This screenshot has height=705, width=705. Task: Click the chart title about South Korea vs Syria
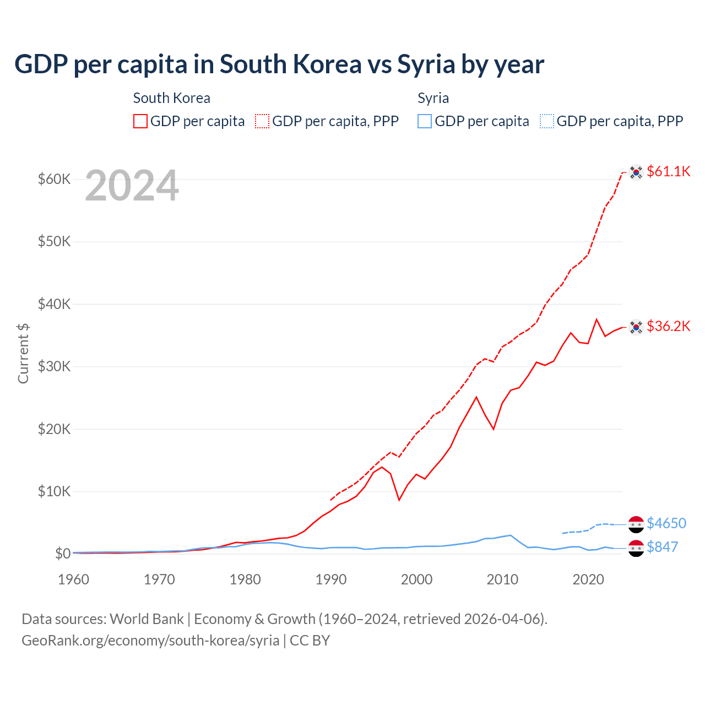pyautogui.click(x=279, y=64)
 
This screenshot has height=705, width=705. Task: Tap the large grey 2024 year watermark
pyautogui.click(x=132, y=186)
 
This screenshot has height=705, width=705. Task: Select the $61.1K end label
pyautogui.click(x=668, y=171)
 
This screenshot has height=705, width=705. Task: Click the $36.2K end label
pyautogui.click(x=668, y=326)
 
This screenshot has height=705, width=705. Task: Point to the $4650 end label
pyautogui.click(x=666, y=523)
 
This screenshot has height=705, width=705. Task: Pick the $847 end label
pyautogui.click(x=662, y=547)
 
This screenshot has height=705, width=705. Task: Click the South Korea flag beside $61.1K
pyautogui.click(x=636, y=172)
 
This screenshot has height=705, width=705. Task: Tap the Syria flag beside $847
pyautogui.click(x=636, y=548)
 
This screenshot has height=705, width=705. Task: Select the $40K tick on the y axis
pyautogui.click(x=54, y=304)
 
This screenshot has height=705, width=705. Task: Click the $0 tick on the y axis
pyautogui.click(x=63, y=554)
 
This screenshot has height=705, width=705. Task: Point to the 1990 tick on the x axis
pyautogui.click(x=330, y=579)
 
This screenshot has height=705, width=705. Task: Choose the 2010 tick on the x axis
pyautogui.click(x=502, y=579)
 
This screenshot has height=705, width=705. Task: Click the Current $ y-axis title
pyautogui.click(x=23, y=354)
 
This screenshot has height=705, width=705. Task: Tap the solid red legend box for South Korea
pyautogui.click(x=140, y=121)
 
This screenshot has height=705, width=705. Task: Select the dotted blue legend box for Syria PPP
pyautogui.click(x=547, y=121)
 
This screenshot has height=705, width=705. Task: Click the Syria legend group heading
pyautogui.click(x=433, y=98)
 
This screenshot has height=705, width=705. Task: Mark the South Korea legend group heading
pyautogui.click(x=171, y=98)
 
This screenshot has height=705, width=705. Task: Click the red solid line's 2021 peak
pyautogui.click(x=596, y=319)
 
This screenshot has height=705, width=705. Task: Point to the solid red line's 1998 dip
pyautogui.click(x=399, y=500)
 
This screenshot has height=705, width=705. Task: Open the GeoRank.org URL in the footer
pyautogui.click(x=150, y=641)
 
